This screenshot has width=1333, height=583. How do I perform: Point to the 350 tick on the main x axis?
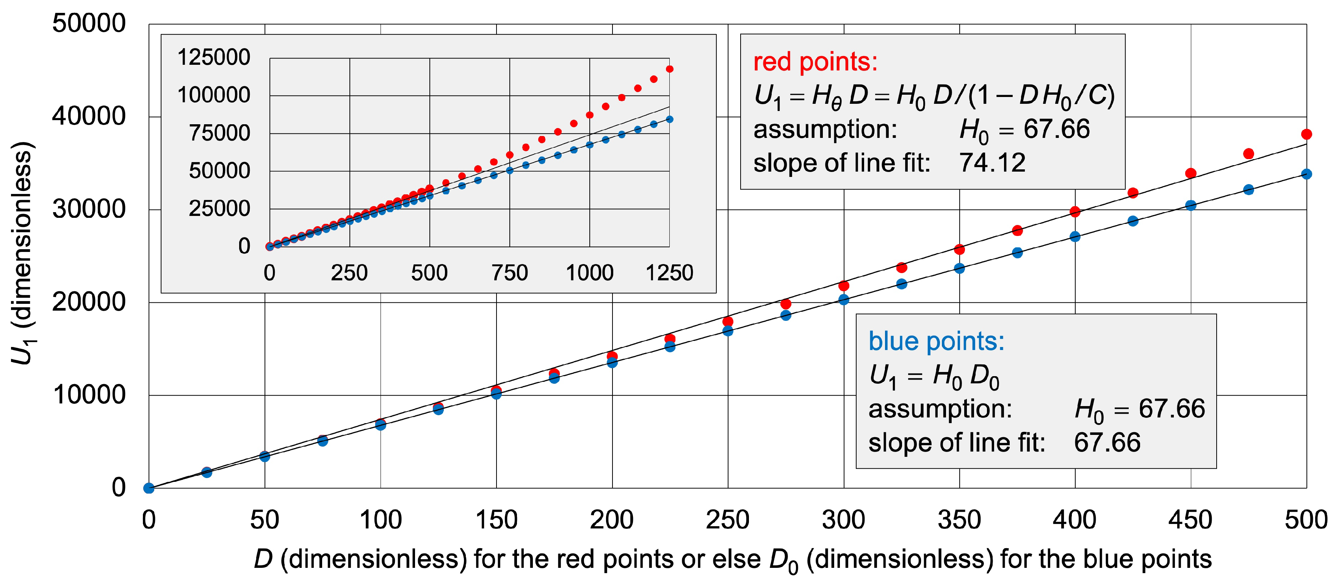point(959,519)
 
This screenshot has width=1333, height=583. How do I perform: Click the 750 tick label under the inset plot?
point(509,273)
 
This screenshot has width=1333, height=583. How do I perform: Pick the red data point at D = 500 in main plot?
point(1306,134)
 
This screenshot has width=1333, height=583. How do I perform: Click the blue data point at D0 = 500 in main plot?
point(1306,174)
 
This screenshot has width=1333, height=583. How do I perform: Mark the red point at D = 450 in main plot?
point(1190,173)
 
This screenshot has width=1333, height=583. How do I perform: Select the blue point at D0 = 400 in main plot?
point(1075,237)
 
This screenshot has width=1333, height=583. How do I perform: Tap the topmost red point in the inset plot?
point(669,69)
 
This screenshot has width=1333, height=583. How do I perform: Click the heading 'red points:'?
point(815,62)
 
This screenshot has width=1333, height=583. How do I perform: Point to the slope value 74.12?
point(992,163)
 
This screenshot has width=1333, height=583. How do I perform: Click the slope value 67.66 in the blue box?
point(1107,443)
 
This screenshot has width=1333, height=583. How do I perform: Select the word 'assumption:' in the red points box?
point(825,129)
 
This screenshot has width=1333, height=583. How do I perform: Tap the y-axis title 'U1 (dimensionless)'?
point(23,253)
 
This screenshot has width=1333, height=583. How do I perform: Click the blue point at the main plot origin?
point(149,488)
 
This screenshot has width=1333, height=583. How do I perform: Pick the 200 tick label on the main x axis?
point(612,519)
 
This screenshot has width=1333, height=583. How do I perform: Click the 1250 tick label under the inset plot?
point(669,273)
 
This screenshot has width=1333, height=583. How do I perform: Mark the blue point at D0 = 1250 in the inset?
point(669,119)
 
